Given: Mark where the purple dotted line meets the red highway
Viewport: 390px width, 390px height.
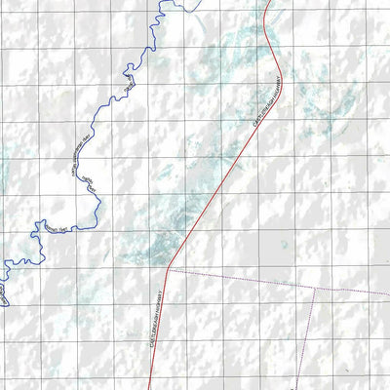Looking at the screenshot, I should [169, 267].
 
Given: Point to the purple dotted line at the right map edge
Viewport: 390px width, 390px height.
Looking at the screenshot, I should [387, 294].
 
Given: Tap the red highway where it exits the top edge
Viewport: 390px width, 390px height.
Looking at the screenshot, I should [268, 2].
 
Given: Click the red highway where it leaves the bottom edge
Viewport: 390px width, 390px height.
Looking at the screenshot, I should [148, 387].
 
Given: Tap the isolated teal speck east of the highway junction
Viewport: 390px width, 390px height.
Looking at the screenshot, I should [283, 245].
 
